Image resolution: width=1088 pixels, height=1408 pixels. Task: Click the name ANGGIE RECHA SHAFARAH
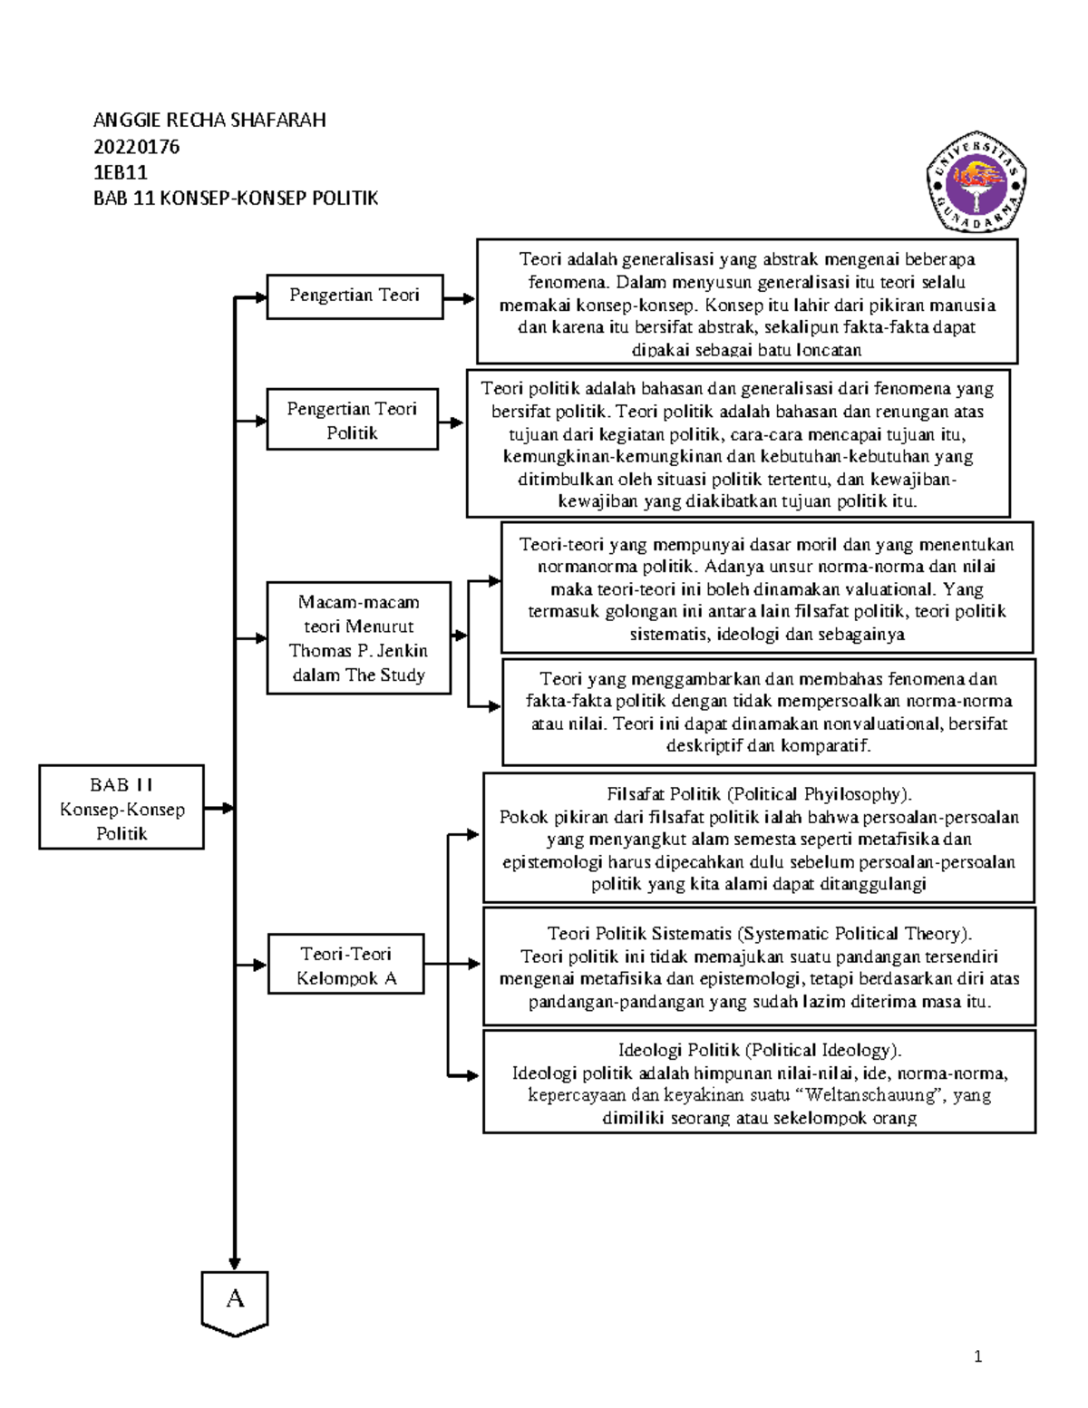point(209,121)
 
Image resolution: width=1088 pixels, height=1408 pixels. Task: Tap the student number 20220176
point(136,147)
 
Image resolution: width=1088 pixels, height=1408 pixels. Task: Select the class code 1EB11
point(121,172)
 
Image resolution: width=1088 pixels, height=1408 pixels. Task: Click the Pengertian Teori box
point(355,296)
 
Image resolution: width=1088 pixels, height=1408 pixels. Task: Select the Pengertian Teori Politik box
point(353,419)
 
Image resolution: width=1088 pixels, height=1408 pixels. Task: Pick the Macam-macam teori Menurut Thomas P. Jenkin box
point(359,638)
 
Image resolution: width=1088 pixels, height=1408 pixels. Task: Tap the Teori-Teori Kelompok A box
point(346,965)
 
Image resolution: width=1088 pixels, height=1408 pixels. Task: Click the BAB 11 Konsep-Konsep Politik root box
point(121,807)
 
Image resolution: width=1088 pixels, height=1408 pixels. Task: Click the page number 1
point(977,1357)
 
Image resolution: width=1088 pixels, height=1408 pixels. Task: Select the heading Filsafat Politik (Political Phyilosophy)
point(759,794)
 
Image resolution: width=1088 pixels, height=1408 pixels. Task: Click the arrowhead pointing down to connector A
point(235,1264)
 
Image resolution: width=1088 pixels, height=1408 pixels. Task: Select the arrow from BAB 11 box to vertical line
point(219,808)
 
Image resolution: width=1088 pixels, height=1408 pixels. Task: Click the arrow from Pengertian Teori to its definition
point(460,298)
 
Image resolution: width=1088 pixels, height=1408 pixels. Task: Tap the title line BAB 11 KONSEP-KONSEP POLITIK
point(235,199)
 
